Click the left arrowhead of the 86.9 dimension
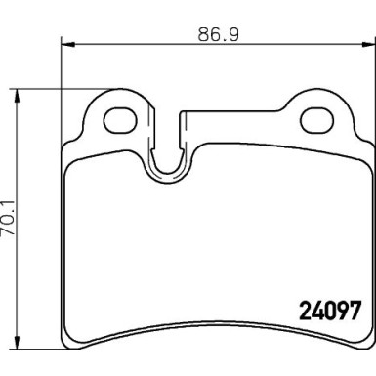[66, 43]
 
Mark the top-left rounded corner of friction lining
[70, 166]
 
